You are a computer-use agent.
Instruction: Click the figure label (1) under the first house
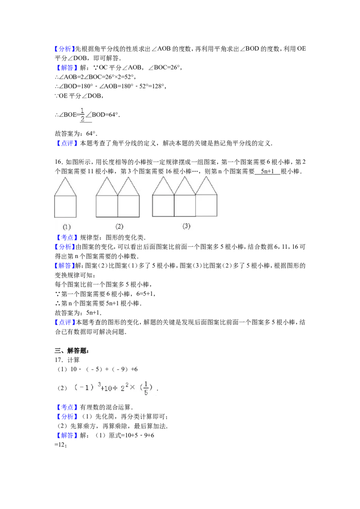click(67, 227)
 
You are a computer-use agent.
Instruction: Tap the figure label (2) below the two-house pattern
click(119, 227)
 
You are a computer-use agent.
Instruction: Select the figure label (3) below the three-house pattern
click(186, 226)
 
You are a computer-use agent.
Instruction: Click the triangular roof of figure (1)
click(65, 187)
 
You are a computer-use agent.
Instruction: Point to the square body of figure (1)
click(65, 206)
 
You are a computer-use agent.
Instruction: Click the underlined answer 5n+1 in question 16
click(267, 171)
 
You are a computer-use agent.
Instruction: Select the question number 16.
click(58, 162)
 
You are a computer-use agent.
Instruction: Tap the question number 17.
click(58, 360)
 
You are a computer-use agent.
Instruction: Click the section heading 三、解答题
click(72, 351)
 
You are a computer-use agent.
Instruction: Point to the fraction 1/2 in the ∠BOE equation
click(82, 115)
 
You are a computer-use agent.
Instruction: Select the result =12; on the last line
click(61, 445)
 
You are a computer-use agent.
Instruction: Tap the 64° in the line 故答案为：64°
click(91, 134)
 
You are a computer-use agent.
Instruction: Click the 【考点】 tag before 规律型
click(66, 237)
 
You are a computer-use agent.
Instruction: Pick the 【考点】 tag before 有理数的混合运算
click(66, 407)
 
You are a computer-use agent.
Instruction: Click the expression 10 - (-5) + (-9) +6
click(104, 369)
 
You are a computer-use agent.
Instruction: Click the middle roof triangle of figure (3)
click(184, 186)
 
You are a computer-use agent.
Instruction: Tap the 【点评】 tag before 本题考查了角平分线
click(66, 143)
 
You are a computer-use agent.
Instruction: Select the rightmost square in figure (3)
click(206, 205)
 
